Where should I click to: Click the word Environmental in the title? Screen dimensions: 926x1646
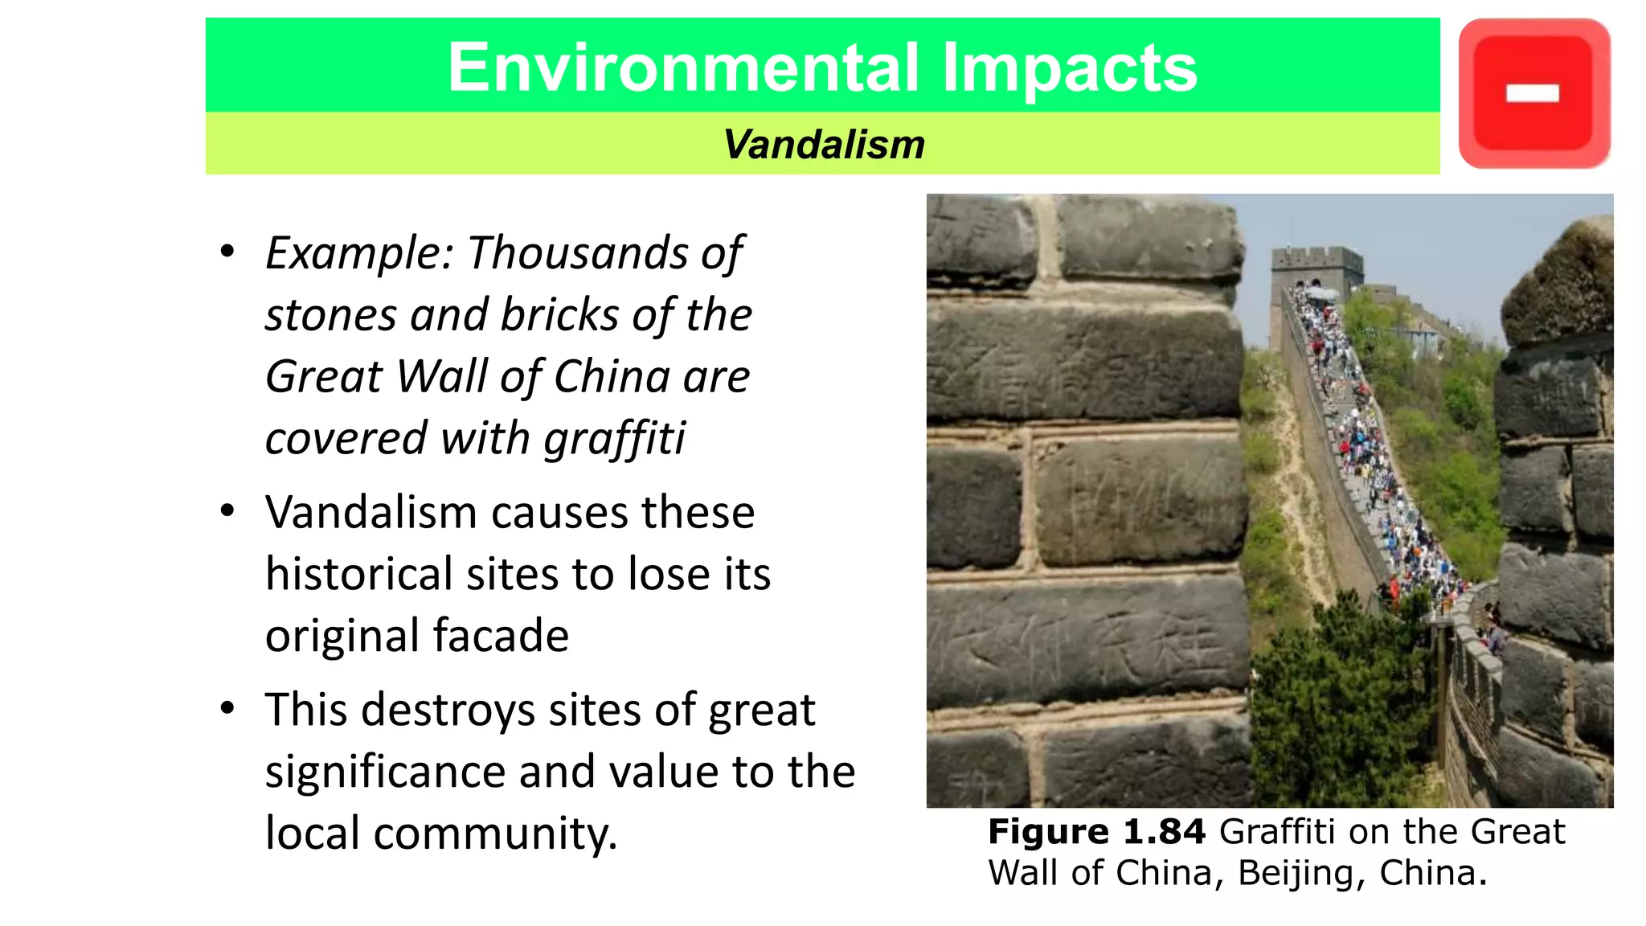[682, 68]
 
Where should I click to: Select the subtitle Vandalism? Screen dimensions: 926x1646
[824, 145]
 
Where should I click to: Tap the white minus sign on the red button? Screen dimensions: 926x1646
[1532, 94]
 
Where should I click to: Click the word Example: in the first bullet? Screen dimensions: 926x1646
[360, 253]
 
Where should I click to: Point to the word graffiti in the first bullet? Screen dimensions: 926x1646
[615, 439]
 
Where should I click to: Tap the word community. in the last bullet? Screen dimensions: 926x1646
[495, 834]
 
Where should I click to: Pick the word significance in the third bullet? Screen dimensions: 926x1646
[385, 772]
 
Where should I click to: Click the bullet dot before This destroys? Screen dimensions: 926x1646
[227, 708]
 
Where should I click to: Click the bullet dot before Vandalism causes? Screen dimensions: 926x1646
[227, 510]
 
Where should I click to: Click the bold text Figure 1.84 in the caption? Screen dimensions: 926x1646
[1096, 831]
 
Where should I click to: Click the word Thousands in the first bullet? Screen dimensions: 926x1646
[577, 253]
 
